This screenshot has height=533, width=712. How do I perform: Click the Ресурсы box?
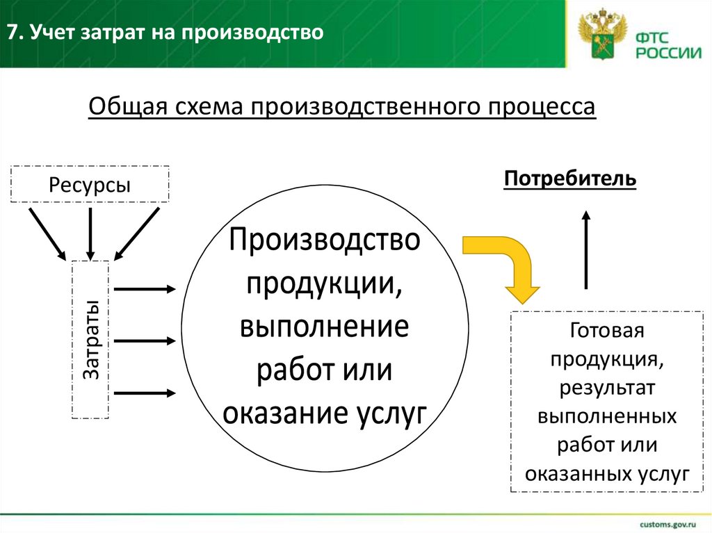tap(90, 184)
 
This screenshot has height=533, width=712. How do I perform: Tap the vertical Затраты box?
tap(90, 339)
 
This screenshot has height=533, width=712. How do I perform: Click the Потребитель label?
tap(570, 179)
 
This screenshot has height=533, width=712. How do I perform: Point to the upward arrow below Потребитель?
tap(586, 249)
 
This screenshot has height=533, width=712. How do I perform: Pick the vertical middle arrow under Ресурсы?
tap(90, 231)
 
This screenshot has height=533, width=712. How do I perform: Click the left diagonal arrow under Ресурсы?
tap(47, 231)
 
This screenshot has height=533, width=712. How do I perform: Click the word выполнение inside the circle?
tap(325, 327)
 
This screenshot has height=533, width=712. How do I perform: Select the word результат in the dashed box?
tap(607, 387)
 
